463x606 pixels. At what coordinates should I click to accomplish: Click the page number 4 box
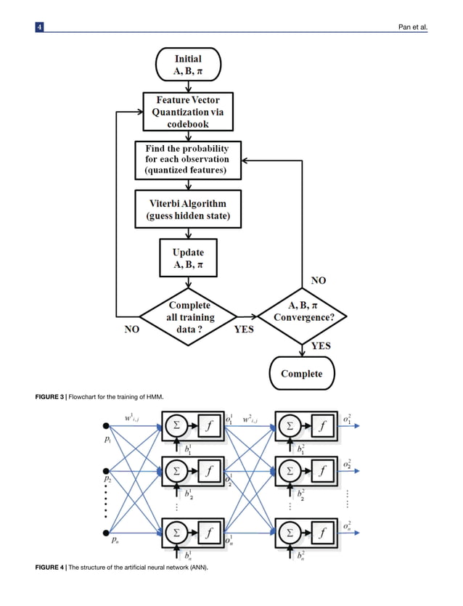41,28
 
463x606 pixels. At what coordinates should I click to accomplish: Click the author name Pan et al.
414,28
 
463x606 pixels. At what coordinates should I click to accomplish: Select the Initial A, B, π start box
188,65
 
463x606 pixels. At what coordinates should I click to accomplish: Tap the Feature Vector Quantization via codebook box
188,112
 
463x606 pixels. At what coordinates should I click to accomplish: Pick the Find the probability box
187,160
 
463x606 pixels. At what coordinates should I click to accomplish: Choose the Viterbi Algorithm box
188,209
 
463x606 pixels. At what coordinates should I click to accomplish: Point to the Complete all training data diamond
188,316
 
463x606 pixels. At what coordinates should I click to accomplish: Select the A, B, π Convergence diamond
303,316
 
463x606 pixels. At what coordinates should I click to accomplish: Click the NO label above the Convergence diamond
318,279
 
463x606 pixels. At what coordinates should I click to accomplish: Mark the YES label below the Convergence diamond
321,346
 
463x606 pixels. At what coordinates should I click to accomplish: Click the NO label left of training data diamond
132,328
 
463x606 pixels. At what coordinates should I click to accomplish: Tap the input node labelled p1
107,426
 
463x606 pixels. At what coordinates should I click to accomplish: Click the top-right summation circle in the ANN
290,427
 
